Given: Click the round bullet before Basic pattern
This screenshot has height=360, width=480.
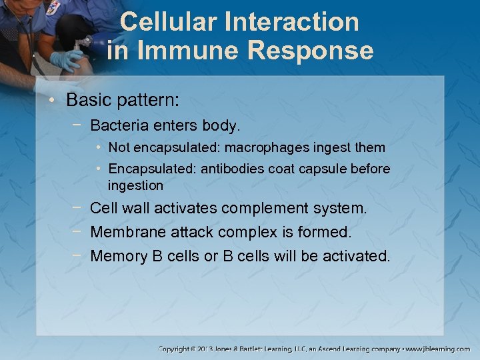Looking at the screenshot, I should point(56,101).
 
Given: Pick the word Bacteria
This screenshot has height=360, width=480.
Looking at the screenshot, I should point(117,125).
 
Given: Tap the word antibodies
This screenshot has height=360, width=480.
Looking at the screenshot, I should point(235,169).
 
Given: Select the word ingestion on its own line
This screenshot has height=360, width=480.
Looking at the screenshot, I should point(135,185).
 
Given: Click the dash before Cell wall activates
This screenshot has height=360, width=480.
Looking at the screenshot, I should point(78,208).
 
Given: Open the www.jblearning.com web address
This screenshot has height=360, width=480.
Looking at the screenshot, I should point(439,349).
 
